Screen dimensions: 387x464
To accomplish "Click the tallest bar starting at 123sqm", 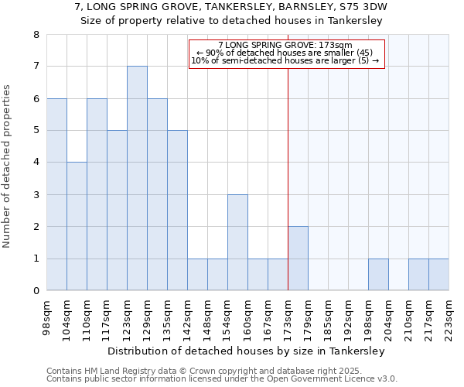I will point(137,178).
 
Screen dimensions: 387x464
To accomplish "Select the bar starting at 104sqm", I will point(77,226).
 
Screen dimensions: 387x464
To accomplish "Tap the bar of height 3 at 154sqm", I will point(237,242).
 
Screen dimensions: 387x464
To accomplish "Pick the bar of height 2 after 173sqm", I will point(298,259).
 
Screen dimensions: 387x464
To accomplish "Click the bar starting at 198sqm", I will point(378,275).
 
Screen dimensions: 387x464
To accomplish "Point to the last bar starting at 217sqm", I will point(438,275).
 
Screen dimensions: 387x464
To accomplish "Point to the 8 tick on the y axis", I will point(36,35).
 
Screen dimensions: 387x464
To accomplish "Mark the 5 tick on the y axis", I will point(36,131).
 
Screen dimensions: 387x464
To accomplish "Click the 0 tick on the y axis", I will point(36,291).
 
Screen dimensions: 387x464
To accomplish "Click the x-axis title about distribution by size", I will point(246,351).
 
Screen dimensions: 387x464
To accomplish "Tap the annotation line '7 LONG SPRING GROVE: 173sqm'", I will point(285,46).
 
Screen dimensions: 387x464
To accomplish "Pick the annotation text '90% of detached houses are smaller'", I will point(285,53).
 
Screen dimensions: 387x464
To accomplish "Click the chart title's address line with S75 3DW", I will point(231,7).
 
